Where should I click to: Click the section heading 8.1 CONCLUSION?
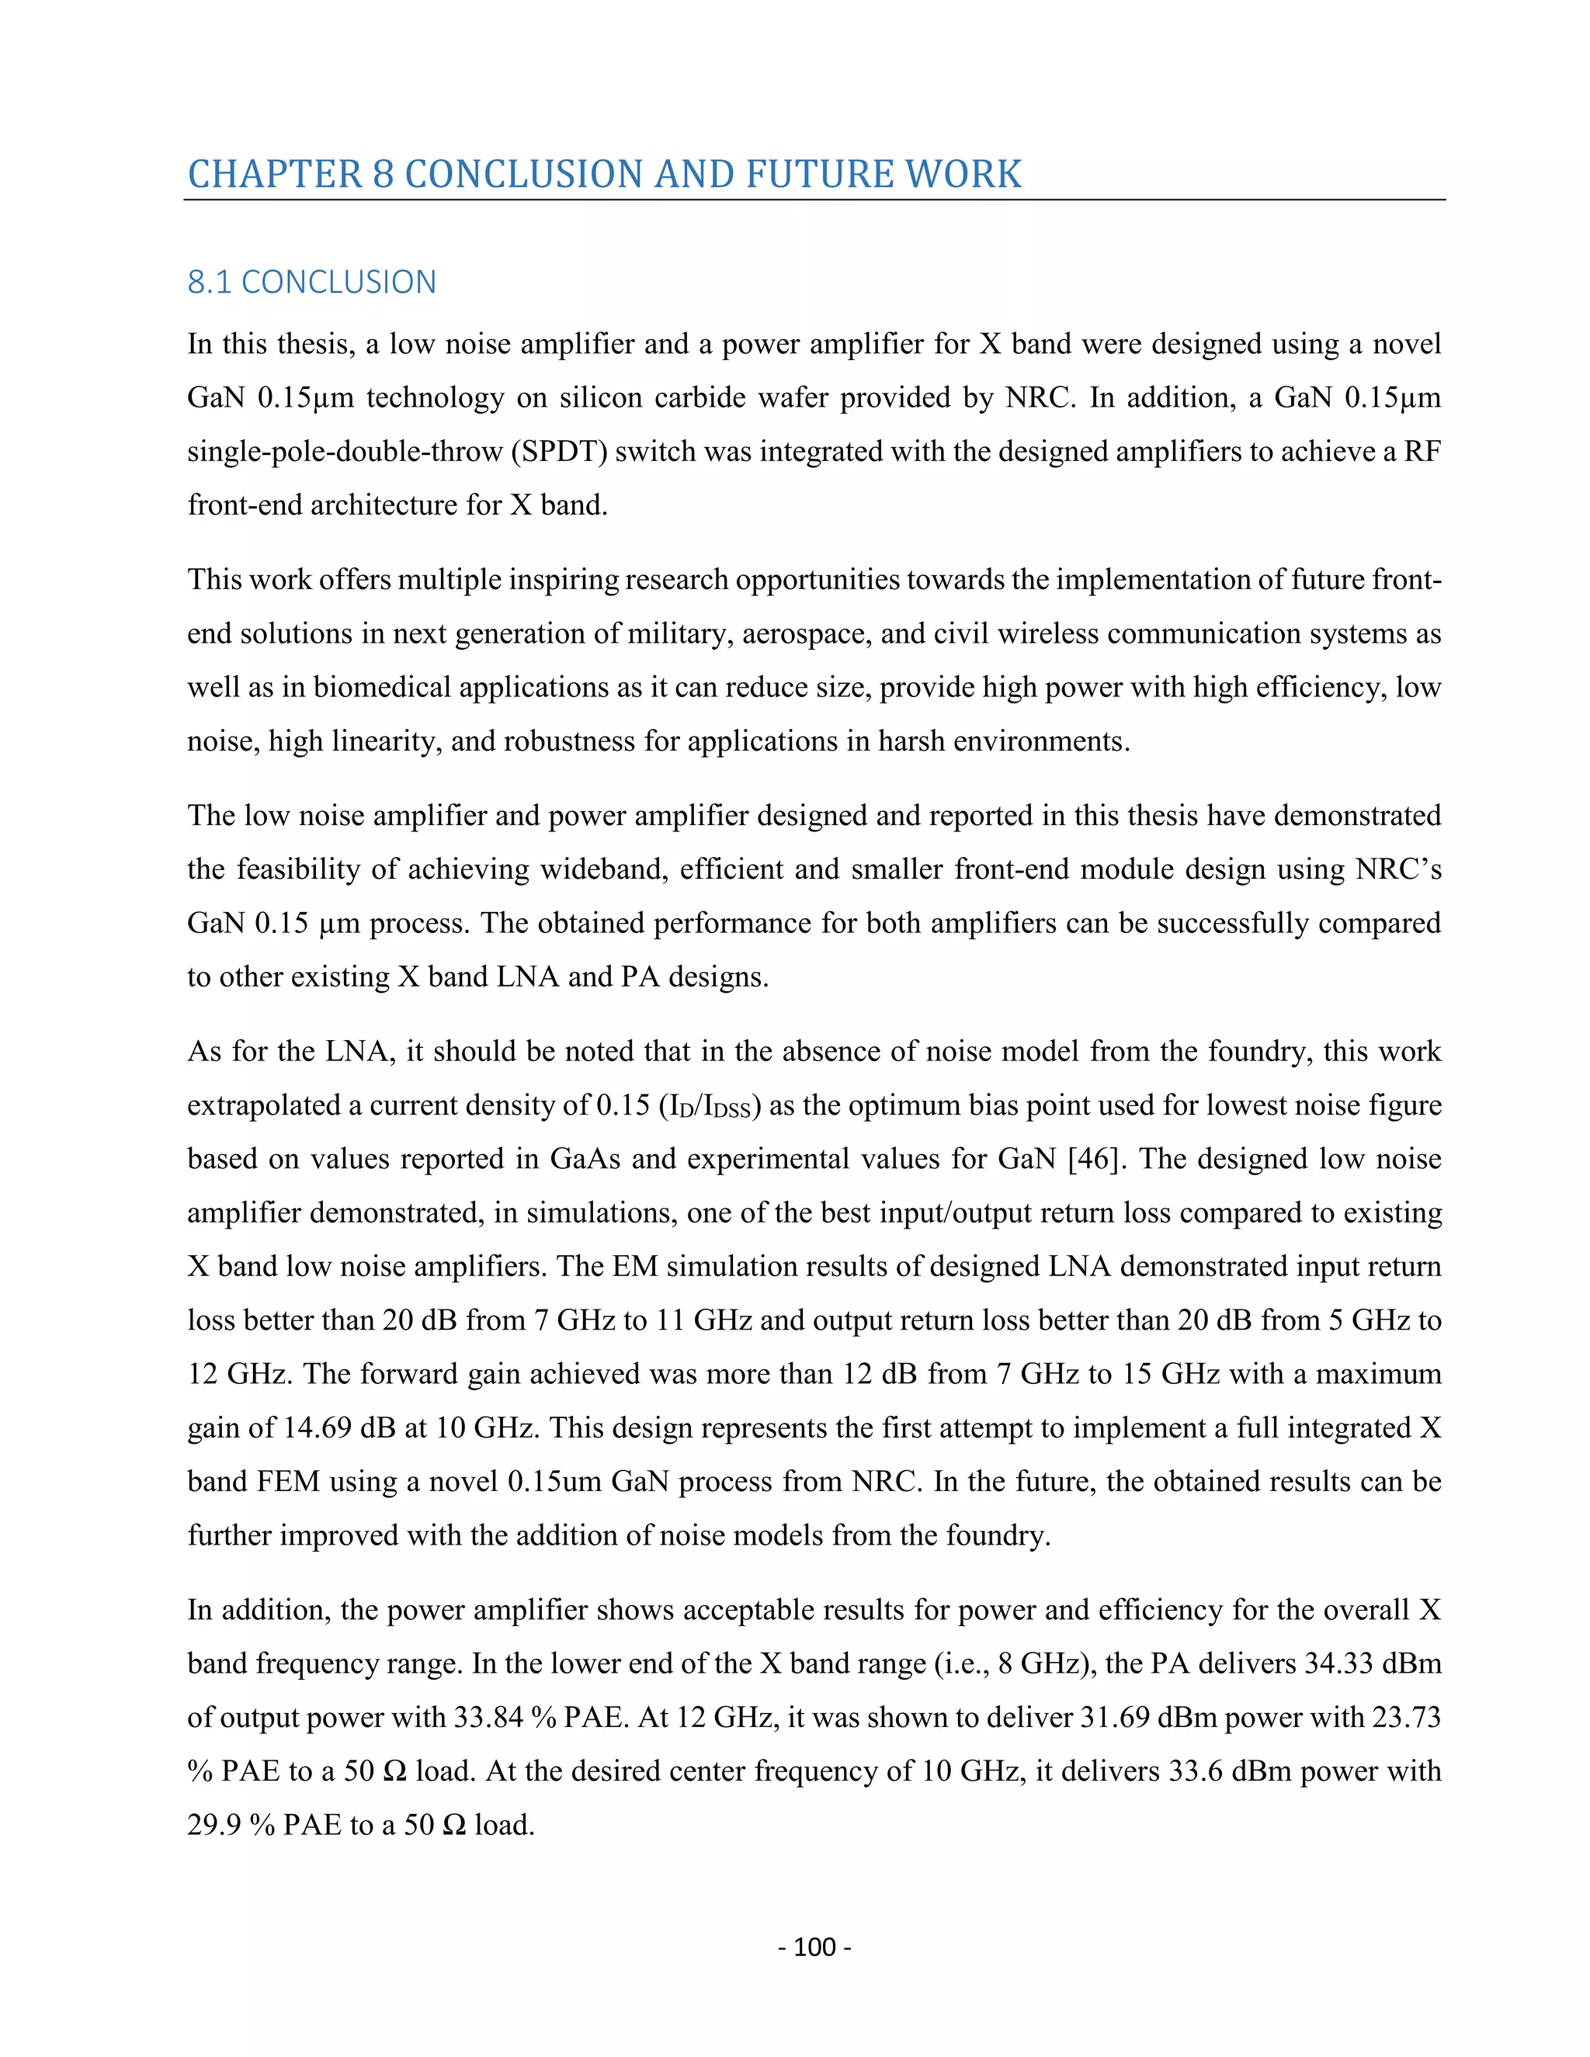(x=312, y=282)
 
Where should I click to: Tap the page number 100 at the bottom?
(x=814, y=1947)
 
